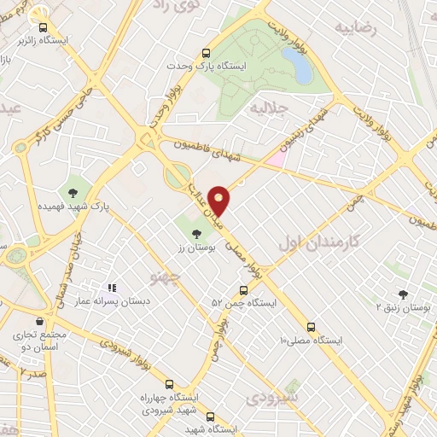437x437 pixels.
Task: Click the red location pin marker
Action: coord(220,200)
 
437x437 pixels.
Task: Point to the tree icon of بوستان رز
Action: coord(198,231)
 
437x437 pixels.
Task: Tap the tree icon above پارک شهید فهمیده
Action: coord(73,191)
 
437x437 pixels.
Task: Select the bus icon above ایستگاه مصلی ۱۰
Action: coord(311,325)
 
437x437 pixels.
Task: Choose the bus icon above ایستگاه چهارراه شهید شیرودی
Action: coord(169,384)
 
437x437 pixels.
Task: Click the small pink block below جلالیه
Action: coord(275,159)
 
